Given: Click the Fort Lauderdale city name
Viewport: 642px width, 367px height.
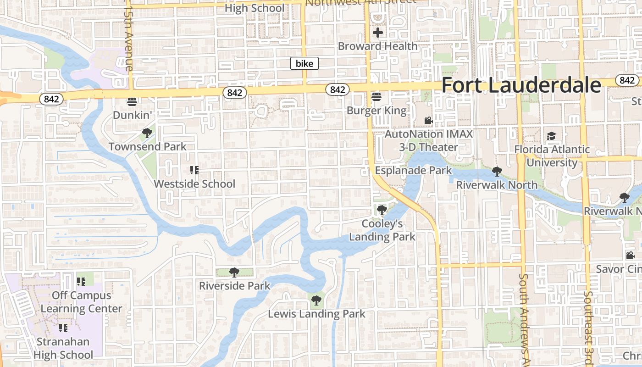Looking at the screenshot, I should [521, 85].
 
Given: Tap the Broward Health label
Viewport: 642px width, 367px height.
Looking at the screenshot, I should [378, 46].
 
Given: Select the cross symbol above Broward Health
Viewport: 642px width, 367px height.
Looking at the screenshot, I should [378, 33].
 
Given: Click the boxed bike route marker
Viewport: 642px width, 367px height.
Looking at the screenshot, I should [304, 63].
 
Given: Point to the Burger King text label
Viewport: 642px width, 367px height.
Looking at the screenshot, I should [376, 111].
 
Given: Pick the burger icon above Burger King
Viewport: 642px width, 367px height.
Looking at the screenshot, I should [376, 97].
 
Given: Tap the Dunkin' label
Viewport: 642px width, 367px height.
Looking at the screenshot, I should [132, 115].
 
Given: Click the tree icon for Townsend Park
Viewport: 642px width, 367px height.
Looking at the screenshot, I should [147, 133].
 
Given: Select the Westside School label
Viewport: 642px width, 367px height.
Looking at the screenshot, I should [194, 184].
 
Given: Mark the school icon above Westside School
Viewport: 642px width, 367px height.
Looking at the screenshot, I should [194, 170].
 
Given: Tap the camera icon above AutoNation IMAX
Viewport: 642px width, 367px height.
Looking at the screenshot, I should [428, 121].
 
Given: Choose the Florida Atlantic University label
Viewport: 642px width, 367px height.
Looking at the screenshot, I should [552, 156].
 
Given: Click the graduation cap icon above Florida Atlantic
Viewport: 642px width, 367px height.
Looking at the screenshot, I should [551, 136].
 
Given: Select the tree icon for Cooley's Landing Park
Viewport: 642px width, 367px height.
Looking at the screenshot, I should [382, 210].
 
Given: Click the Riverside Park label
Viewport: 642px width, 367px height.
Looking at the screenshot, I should [234, 286].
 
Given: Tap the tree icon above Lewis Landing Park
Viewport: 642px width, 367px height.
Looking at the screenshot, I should [316, 301].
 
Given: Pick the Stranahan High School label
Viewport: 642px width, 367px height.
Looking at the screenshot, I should [63, 348].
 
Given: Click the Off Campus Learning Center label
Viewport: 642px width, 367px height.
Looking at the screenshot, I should [82, 302].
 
